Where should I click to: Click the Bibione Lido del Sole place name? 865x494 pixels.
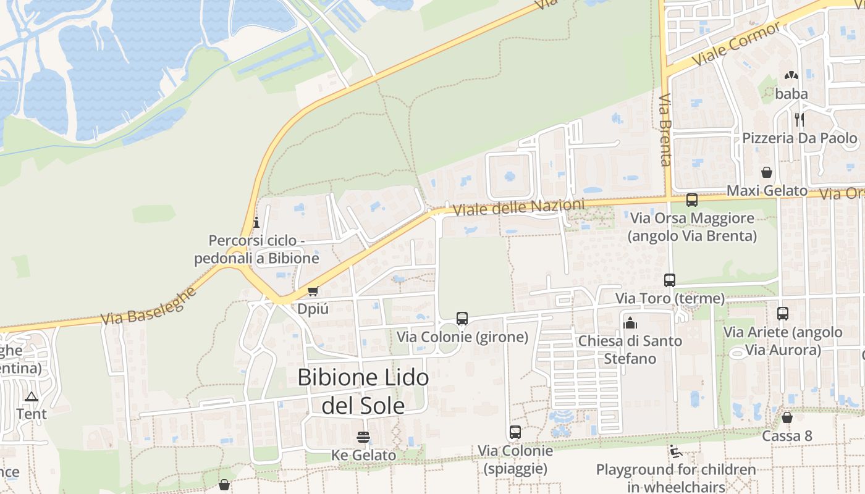363,391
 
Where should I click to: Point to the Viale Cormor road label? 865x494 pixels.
736,45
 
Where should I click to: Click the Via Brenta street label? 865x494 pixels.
665,130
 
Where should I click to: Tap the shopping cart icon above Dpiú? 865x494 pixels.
313,291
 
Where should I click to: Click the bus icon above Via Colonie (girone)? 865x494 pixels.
462,319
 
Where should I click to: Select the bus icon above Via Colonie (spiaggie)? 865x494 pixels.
515,432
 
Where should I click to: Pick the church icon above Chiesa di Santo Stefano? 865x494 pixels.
630,322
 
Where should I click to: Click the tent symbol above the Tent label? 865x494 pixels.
32,396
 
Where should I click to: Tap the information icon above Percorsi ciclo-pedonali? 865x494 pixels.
256,222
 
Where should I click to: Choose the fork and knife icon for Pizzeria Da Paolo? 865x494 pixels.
800,119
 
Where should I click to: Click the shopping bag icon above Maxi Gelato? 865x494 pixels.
767,172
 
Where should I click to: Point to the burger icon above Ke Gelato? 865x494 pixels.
363,437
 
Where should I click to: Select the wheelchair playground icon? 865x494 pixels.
675,452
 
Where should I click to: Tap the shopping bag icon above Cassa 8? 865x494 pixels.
787,418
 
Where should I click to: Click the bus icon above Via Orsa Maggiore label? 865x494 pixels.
692,200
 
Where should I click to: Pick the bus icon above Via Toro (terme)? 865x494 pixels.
670,280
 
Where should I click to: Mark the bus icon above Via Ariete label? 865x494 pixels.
783,314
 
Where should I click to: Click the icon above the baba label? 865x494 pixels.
791,76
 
